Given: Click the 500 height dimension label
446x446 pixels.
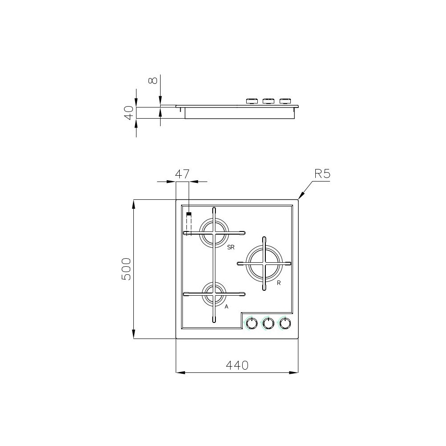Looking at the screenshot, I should pyautogui.click(x=127, y=269).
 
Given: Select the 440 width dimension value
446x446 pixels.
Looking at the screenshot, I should pyautogui.click(x=237, y=365).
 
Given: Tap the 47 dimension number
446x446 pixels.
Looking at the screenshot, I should pyautogui.click(x=182, y=174).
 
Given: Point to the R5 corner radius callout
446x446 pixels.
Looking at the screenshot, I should pyautogui.click(x=322, y=174).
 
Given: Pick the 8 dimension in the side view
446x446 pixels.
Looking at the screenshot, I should pyautogui.click(x=153, y=80).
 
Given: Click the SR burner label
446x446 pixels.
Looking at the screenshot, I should pyautogui.click(x=231, y=247).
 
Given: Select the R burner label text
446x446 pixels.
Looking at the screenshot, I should pyautogui.click(x=278, y=283).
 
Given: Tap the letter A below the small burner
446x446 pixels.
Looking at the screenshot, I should pyautogui.click(x=227, y=307).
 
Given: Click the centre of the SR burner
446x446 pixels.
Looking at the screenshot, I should pyautogui.click(x=214, y=232).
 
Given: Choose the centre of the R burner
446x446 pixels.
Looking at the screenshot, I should pyautogui.click(x=265, y=263).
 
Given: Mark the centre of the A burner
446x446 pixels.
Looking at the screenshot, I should pyautogui.click(x=214, y=294).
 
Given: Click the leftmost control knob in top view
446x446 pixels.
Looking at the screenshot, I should pyautogui.click(x=252, y=323).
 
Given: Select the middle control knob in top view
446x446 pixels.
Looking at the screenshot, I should pyautogui.click(x=268, y=323).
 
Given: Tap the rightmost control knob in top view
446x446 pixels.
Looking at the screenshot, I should pyautogui.click(x=285, y=323).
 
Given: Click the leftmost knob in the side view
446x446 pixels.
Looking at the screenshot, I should pyautogui.click(x=252, y=101).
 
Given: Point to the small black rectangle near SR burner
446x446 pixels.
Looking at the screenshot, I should pyautogui.click(x=189, y=215).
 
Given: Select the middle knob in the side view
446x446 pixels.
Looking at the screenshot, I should pyautogui.click(x=268, y=101).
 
